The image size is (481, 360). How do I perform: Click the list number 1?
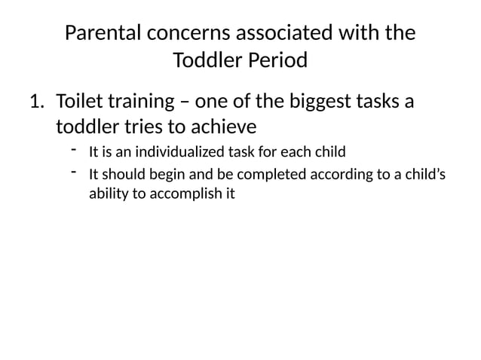(36, 101)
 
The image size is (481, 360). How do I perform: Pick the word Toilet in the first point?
(79, 101)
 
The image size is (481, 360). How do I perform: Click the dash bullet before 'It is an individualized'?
(75, 151)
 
